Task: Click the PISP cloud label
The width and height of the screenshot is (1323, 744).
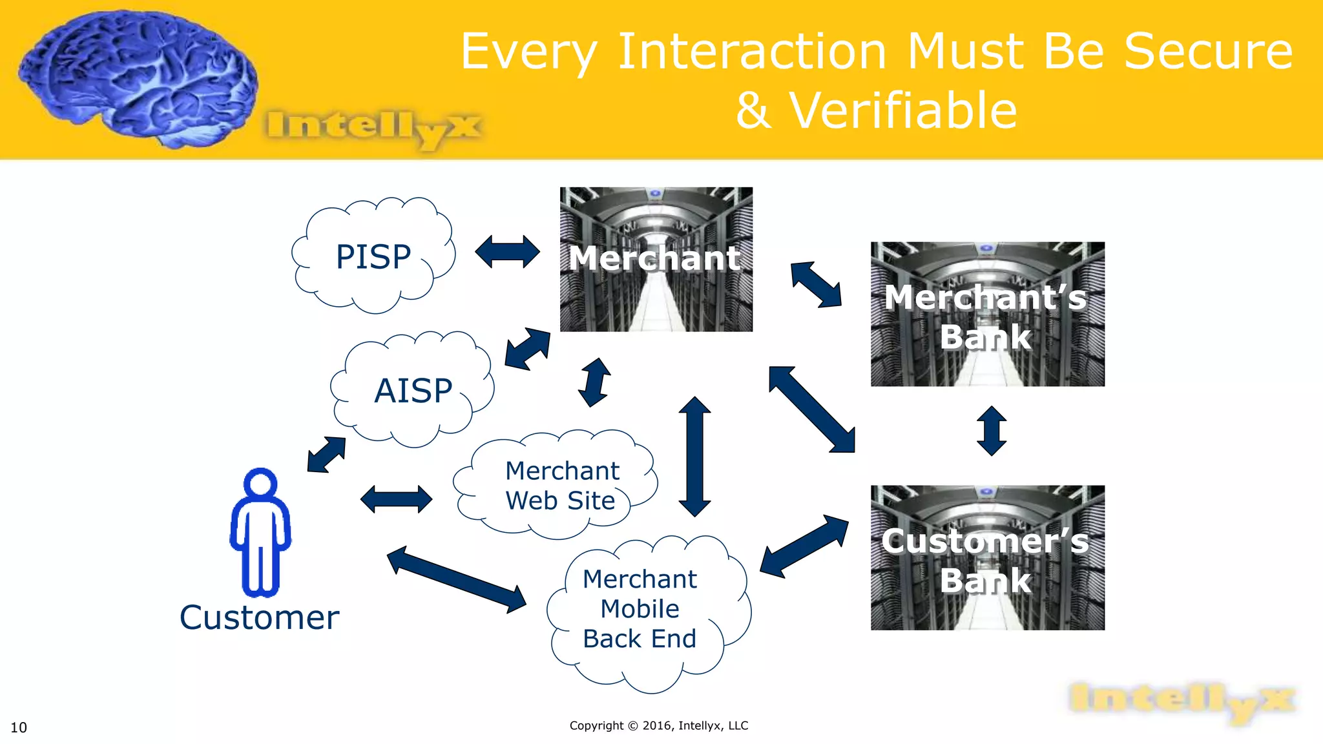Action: [x=373, y=256]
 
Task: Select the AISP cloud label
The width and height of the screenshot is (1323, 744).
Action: [x=413, y=391]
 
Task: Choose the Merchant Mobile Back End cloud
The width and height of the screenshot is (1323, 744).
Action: [x=640, y=609]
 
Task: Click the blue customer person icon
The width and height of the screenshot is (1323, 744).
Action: [x=260, y=532]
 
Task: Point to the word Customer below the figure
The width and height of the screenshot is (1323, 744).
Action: [x=259, y=617]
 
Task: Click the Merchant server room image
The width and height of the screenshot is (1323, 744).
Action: [x=656, y=259]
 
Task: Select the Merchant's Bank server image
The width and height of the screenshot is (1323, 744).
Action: [x=987, y=315]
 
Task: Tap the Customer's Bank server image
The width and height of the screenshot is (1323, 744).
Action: [x=987, y=558]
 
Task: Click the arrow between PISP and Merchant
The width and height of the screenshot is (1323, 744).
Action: [x=507, y=252]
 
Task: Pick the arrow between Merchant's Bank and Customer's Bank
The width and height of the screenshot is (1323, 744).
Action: [x=992, y=431]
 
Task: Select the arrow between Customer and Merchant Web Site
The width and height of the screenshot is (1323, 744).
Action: [x=396, y=499]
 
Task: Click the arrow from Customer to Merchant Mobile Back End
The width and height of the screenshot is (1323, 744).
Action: [x=457, y=579]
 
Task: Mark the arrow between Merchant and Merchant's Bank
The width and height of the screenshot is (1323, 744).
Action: [x=816, y=284]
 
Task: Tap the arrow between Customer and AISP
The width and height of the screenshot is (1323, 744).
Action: [x=327, y=455]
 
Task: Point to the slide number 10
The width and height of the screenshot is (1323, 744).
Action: [x=19, y=728]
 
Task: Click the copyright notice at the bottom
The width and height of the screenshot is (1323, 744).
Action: [x=658, y=725]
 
